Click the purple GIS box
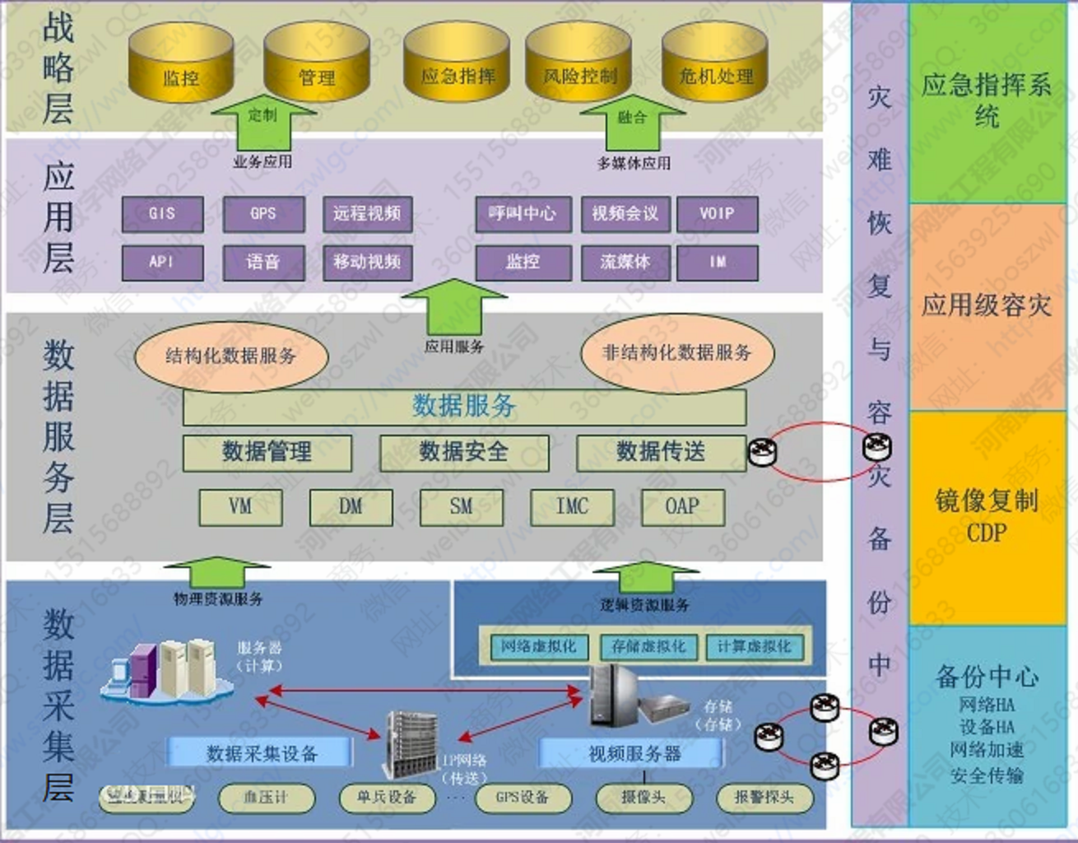tap(162, 214)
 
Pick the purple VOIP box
tap(717, 214)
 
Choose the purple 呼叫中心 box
tap(523, 214)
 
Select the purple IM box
tap(717, 262)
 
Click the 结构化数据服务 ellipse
tap(230, 356)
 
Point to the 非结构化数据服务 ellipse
tap(676, 352)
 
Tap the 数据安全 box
tap(463, 452)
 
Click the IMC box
tap(572, 506)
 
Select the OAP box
tap(682, 506)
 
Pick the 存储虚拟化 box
tap(648, 647)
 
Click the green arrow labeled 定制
tap(263, 115)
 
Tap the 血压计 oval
tap(266, 797)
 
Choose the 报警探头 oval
tap(764, 797)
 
